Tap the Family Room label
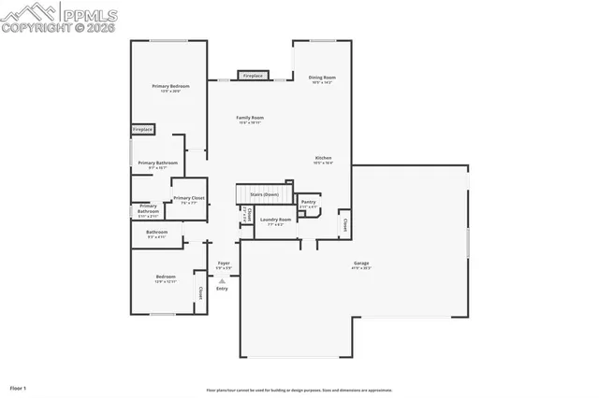(250, 119)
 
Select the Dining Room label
(323, 78)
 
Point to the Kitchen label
(323, 159)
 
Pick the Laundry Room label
(275, 220)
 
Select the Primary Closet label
(189, 198)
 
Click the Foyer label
(224, 264)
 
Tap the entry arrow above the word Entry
(223, 280)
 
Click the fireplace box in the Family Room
(253, 76)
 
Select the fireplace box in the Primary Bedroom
(142, 129)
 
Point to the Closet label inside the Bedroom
(199, 292)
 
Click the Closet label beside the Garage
(344, 224)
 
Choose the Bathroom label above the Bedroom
(156, 233)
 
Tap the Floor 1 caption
(19, 387)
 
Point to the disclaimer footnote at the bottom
(299, 390)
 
